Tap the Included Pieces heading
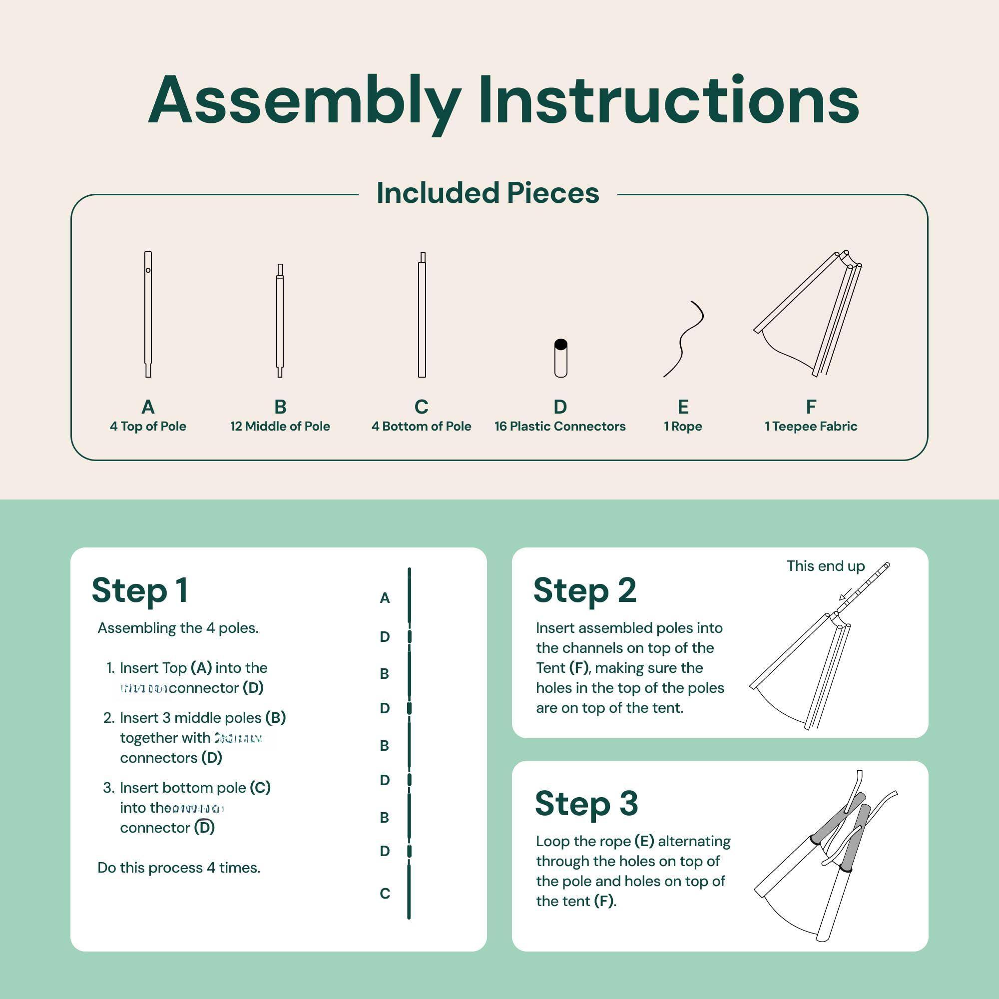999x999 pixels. pyautogui.click(x=488, y=193)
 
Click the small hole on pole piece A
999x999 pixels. pyautogui.click(x=148, y=270)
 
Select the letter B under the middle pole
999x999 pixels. pyautogui.click(x=280, y=407)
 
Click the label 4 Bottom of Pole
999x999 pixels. pyautogui.click(x=421, y=426)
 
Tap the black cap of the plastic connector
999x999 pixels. pyautogui.click(x=560, y=344)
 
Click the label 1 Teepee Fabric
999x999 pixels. pyautogui.click(x=810, y=426)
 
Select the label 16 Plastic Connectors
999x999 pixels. pyautogui.click(x=559, y=426)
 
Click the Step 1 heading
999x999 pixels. pyautogui.click(x=140, y=590)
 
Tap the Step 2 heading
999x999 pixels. pyautogui.click(x=584, y=590)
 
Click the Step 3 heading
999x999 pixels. pyautogui.click(x=586, y=803)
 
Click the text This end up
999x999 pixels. pyautogui.click(x=825, y=566)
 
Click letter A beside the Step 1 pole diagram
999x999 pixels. pyautogui.click(x=384, y=598)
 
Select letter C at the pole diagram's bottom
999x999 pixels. pyautogui.click(x=384, y=894)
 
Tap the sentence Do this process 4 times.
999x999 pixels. pyautogui.click(x=178, y=868)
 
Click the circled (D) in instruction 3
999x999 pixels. pyautogui.click(x=204, y=827)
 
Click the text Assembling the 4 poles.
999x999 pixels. pyautogui.click(x=178, y=628)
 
